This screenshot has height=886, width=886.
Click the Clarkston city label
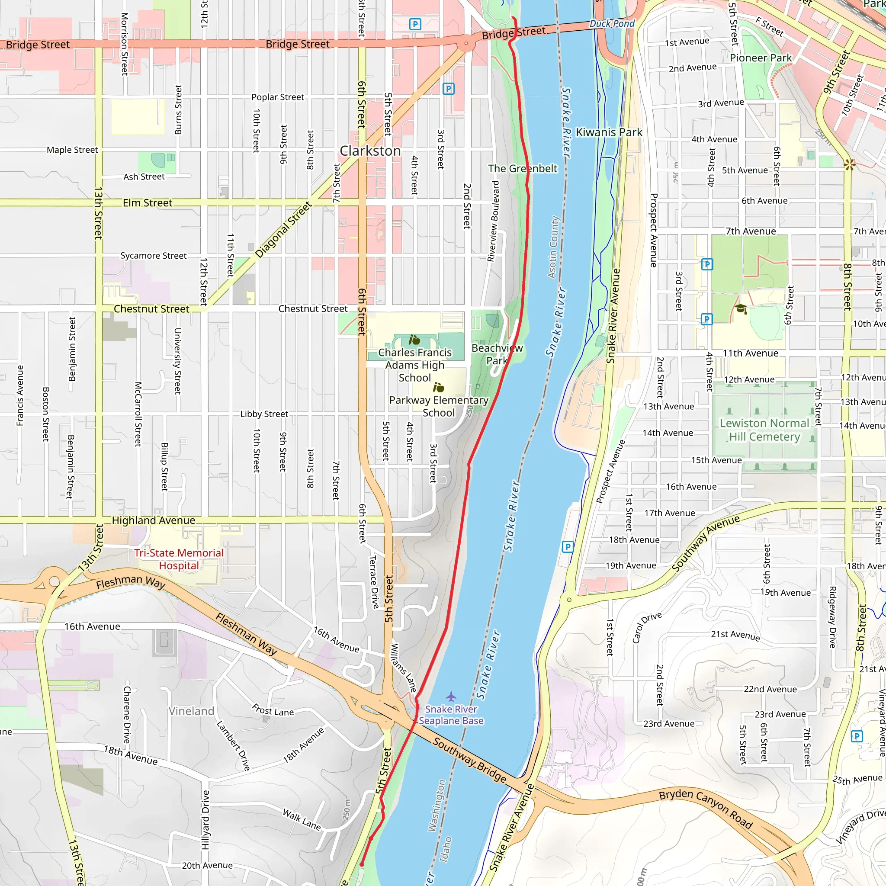[370, 151]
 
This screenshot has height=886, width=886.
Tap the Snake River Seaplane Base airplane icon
[451, 697]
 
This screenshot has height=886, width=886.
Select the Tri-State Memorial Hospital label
[179, 559]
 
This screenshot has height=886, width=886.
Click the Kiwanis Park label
[609, 132]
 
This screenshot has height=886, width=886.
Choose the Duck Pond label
[612, 23]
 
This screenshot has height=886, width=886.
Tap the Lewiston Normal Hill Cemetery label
[764, 430]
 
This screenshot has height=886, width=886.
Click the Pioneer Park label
[761, 58]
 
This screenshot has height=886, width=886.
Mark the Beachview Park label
[497, 354]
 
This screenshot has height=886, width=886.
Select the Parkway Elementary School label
[438, 406]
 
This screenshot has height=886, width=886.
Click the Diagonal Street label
[283, 230]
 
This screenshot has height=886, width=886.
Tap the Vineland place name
[191, 711]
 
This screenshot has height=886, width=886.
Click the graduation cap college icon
[741, 308]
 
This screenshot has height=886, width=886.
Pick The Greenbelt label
[522, 169]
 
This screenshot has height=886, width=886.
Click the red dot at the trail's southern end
[361, 864]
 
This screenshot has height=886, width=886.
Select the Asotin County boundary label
[554, 247]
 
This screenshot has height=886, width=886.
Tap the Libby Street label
[264, 414]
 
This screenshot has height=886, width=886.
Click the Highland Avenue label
[154, 520]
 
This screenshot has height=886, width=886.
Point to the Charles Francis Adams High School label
[414, 365]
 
